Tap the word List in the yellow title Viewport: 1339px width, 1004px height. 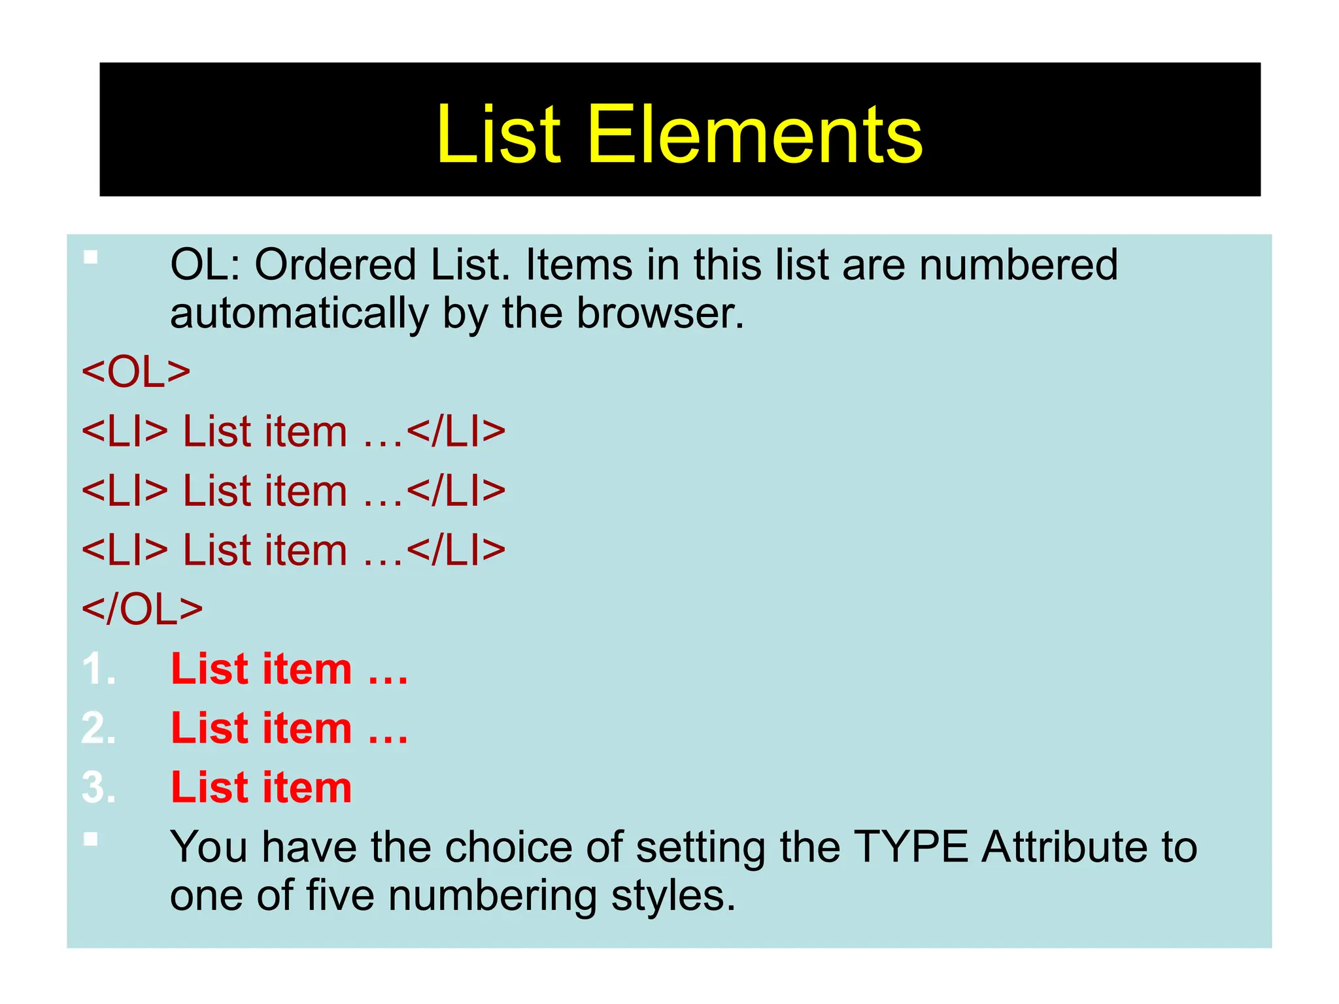pos(498,135)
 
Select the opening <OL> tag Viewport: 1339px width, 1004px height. pos(136,372)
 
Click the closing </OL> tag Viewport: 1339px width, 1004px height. pos(142,609)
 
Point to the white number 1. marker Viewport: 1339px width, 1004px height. pos(99,669)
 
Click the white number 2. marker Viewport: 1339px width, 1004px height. pos(99,728)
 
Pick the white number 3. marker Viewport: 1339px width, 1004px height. pos(99,787)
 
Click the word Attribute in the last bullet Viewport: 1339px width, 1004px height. pos(1064,847)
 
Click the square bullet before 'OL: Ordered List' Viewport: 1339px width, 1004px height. pos(91,258)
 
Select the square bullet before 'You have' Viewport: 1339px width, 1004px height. pos(91,839)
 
